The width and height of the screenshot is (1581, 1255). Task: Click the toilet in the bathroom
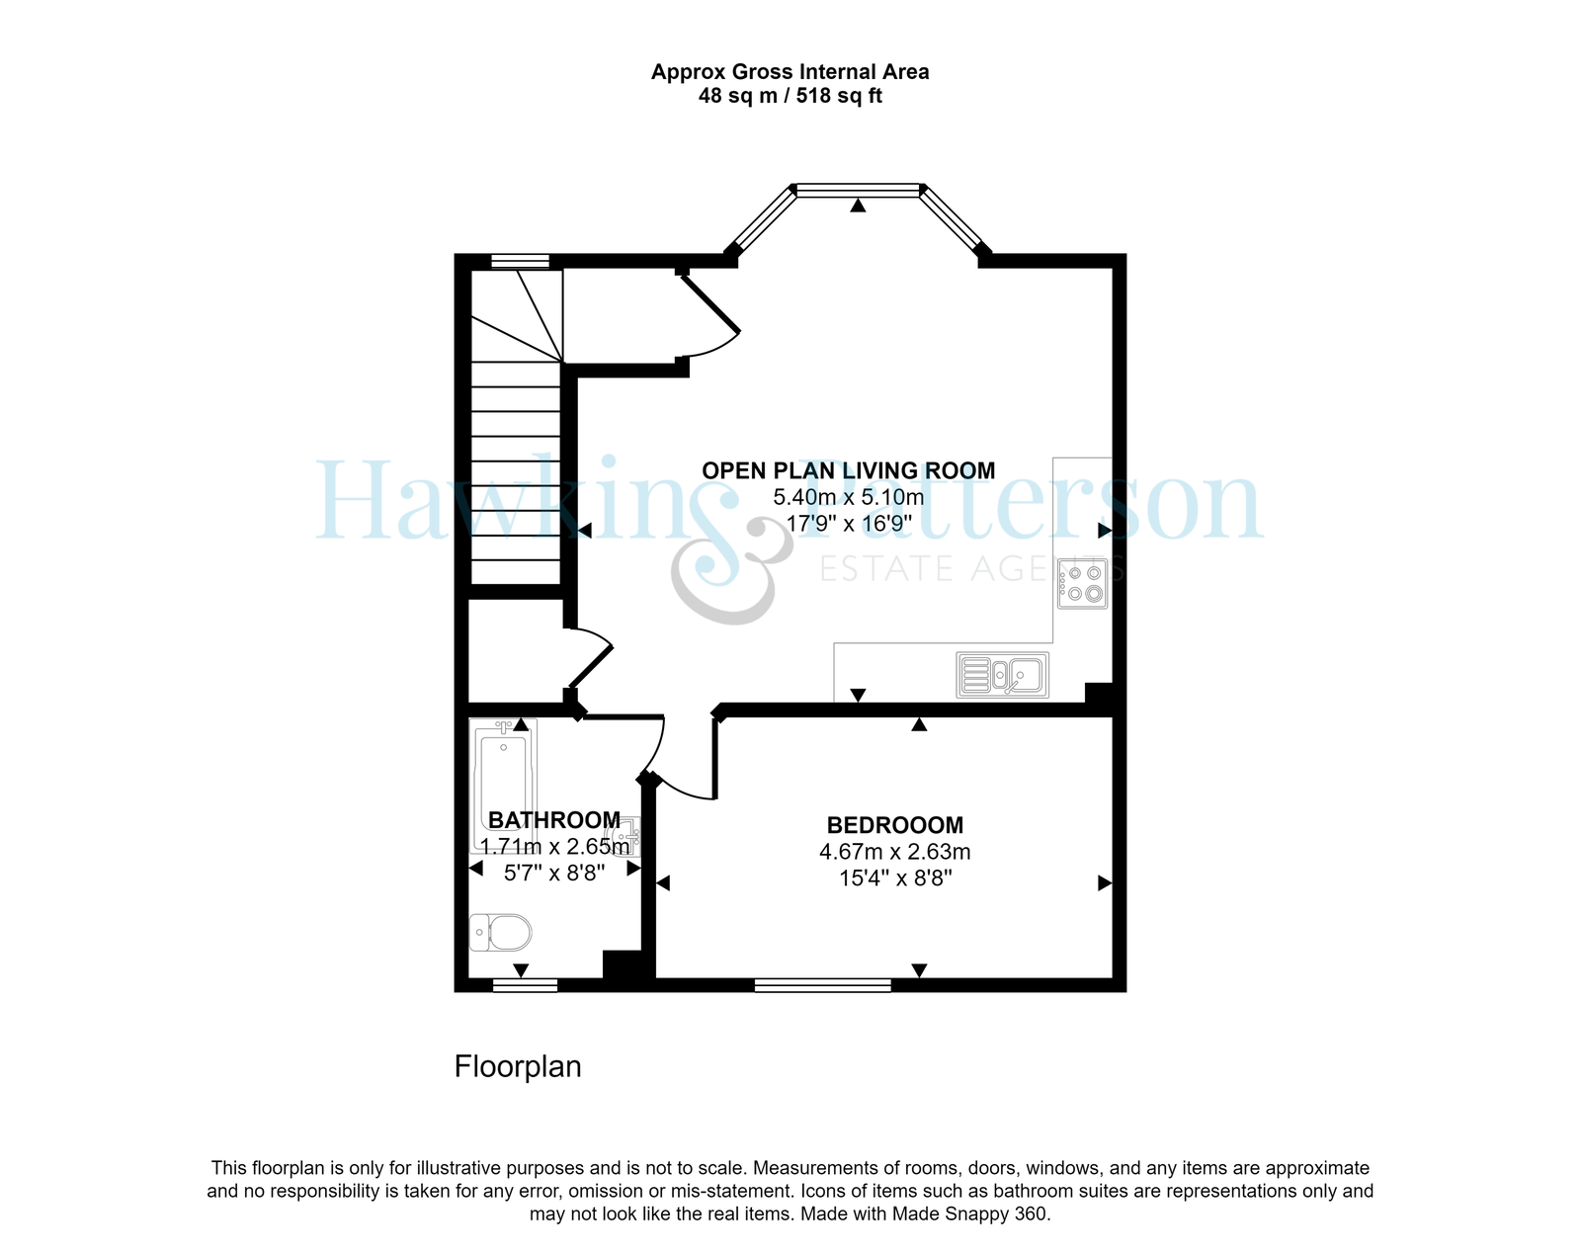pos(500,933)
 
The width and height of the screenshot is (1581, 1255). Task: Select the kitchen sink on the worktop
pos(1002,675)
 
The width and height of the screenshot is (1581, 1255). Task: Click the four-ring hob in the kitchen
pos(1082,583)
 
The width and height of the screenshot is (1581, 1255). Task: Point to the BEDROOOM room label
pos(895,825)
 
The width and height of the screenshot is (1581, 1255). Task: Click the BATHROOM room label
pos(554,820)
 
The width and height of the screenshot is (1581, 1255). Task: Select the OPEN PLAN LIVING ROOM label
pos(849,471)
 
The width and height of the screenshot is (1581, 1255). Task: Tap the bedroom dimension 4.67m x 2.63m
pos(895,852)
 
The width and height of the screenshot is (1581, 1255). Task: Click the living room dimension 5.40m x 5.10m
pos(849,497)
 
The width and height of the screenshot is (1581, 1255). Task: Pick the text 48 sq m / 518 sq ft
pos(790,96)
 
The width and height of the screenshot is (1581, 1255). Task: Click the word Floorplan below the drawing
pos(517,1066)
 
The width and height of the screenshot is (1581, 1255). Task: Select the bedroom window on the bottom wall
pos(823,985)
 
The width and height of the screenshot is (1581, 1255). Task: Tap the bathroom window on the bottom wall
pos(525,985)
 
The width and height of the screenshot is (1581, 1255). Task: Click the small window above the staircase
pos(520,261)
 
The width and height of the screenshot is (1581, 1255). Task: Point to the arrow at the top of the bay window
pos(858,206)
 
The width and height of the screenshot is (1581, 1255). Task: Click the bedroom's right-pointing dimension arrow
pos(1105,883)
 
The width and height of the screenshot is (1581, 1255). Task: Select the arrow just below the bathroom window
pos(520,970)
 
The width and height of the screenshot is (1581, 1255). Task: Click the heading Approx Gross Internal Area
pos(790,72)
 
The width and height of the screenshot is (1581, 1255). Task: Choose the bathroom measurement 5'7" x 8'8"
pos(554,873)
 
